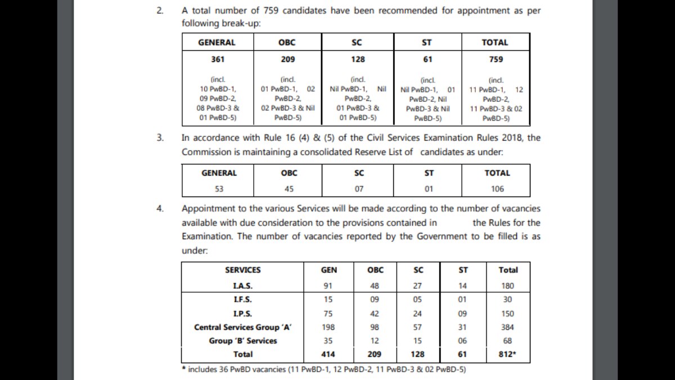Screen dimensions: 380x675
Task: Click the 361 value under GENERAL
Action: click(217, 59)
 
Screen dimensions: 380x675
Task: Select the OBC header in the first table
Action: click(287, 42)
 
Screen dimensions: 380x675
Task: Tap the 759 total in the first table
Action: click(496, 59)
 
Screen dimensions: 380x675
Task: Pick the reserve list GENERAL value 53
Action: click(219, 189)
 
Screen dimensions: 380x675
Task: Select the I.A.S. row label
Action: click(242, 285)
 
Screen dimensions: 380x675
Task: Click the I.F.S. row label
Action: click(242, 299)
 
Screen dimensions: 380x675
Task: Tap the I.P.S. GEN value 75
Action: click(328, 314)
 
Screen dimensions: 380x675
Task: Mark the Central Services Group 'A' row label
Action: click(242, 327)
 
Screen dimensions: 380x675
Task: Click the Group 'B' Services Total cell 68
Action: click(508, 341)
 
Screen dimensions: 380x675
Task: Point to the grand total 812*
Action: click(508, 354)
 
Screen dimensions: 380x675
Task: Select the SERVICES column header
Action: click(242, 270)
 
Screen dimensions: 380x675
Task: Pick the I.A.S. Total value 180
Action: click(508, 285)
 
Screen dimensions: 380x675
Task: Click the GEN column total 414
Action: click(328, 354)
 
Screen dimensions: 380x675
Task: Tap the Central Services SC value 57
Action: click(418, 327)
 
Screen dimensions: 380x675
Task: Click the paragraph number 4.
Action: click(160, 208)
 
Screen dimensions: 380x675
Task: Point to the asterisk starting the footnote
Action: click(183, 369)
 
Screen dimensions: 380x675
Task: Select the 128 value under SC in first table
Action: click(357, 59)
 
